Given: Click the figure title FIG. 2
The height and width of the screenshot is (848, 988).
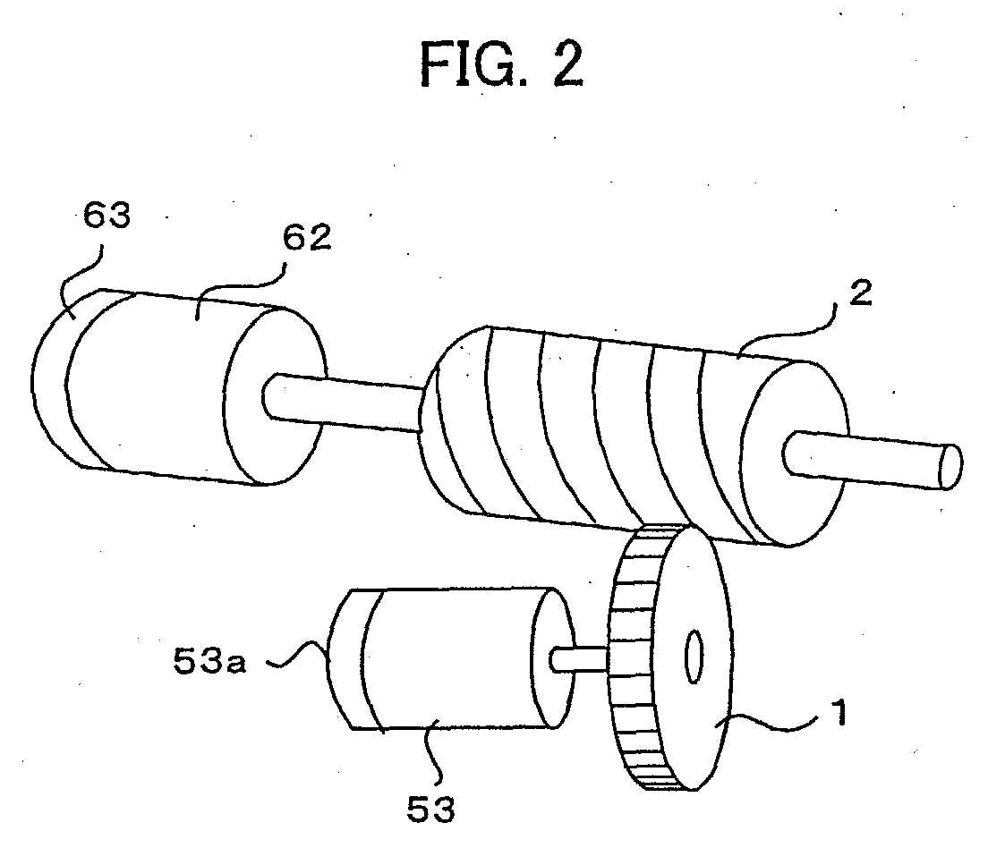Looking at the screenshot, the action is pyautogui.click(x=501, y=65).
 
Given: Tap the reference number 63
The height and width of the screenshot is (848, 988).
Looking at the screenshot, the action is pyautogui.click(x=107, y=215).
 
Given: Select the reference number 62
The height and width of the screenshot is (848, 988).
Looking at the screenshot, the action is pyautogui.click(x=307, y=238).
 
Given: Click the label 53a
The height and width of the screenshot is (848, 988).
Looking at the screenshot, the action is pyautogui.click(x=209, y=661).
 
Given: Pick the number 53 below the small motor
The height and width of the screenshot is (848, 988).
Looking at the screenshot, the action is pyautogui.click(x=430, y=809).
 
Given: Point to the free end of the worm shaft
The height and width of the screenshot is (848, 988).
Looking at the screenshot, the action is pyautogui.click(x=950, y=466).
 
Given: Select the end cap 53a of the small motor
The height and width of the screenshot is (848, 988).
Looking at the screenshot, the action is pyautogui.click(x=345, y=659).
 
